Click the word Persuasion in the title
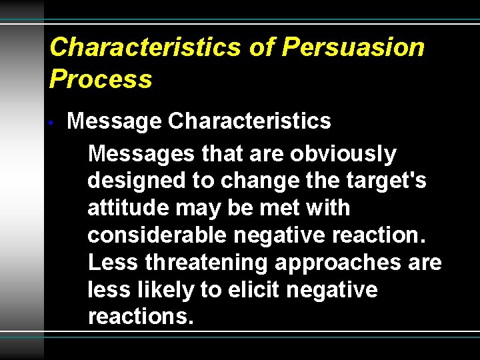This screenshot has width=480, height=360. [353, 47]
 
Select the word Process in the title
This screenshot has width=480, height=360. [101, 79]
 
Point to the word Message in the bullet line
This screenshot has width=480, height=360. [114, 121]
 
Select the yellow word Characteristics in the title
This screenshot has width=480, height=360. [145, 47]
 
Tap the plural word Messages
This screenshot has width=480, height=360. [142, 154]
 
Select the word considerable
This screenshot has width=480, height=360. [157, 235]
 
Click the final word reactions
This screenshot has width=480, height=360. [141, 317]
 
